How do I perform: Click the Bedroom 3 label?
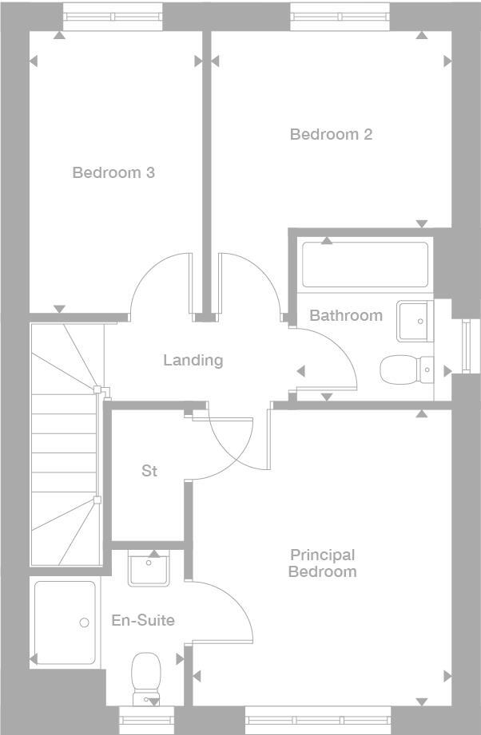click(x=113, y=172)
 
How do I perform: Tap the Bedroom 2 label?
click(x=331, y=134)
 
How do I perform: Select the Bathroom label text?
click(x=345, y=315)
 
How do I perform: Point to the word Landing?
click(x=193, y=360)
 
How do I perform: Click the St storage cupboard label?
click(x=149, y=471)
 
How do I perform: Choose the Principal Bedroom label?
click(x=323, y=563)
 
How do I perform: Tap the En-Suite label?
click(x=143, y=620)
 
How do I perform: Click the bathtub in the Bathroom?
click(x=364, y=264)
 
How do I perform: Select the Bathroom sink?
click(x=415, y=321)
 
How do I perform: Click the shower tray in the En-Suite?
click(x=65, y=622)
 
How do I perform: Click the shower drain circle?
click(x=84, y=623)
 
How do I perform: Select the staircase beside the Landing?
click(x=66, y=447)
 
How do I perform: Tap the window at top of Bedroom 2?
click(x=340, y=16)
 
